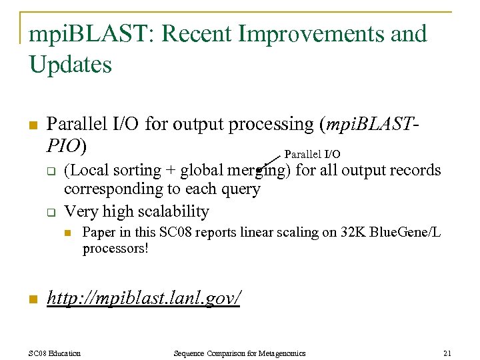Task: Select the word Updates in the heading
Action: click(x=71, y=65)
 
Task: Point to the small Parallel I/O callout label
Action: click(x=313, y=155)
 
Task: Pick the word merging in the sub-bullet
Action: click(x=257, y=171)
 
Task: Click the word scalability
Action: click(x=173, y=212)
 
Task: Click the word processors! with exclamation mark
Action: click(x=115, y=249)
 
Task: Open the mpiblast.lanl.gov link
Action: click(x=143, y=298)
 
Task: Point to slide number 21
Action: click(x=447, y=353)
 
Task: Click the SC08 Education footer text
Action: click(x=55, y=353)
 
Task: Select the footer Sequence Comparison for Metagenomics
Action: click(x=239, y=353)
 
